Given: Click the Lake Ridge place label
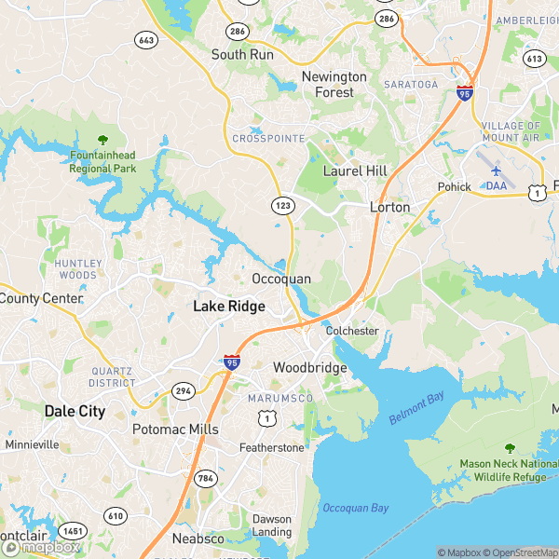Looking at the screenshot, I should tap(229, 306).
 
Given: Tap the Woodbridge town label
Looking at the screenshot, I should tap(309, 368).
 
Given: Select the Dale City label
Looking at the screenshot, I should tap(75, 411).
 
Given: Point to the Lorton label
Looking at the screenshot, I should tap(389, 207).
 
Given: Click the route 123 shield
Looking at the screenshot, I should tap(283, 203).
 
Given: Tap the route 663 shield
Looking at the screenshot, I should tap(146, 39).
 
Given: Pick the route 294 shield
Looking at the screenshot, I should tap(184, 391).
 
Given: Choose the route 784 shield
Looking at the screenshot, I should tap(206, 478).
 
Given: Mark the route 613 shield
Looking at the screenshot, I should tap(534, 58).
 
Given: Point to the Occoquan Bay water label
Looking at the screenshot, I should tap(355, 508).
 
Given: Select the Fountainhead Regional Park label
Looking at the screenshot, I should tap(102, 162).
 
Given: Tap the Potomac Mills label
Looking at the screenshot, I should tap(175, 429).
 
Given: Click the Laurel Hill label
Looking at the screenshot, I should tap(354, 171).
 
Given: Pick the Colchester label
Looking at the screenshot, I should tap(352, 331).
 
